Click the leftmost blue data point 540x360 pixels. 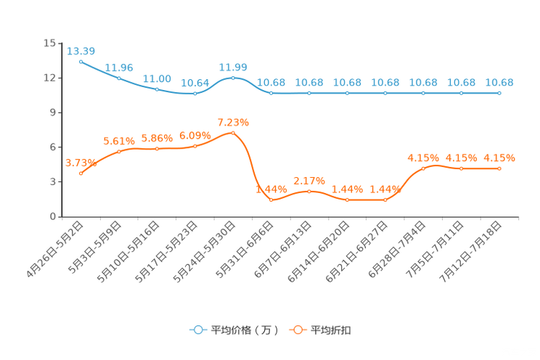pyautogui.click(x=81, y=62)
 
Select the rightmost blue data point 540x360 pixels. pyautogui.click(x=499, y=94)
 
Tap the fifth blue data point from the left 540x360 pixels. pyautogui.click(x=233, y=77)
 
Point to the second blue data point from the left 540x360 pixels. pyautogui.click(x=119, y=78)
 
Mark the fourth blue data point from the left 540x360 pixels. pyautogui.click(x=195, y=94)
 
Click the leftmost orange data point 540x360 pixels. pyautogui.click(x=81, y=173)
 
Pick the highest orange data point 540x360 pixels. pyautogui.click(x=233, y=133)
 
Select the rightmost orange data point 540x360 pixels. pyautogui.click(x=499, y=168)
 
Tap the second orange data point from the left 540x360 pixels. pyautogui.click(x=119, y=152)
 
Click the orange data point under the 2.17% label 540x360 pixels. pyautogui.click(x=309, y=192)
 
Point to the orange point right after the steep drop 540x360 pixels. pyautogui.click(x=271, y=200)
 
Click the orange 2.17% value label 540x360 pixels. pyautogui.click(x=309, y=180)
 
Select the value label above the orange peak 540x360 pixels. pyautogui.click(x=233, y=121)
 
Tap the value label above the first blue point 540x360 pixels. pyautogui.click(x=81, y=51)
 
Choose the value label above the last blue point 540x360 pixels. pyautogui.click(x=499, y=82)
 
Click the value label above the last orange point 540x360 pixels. pyautogui.click(x=499, y=157)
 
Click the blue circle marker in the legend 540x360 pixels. pyautogui.click(x=197, y=330)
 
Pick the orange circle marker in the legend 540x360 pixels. pyautogui.click(x=296, y=330)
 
